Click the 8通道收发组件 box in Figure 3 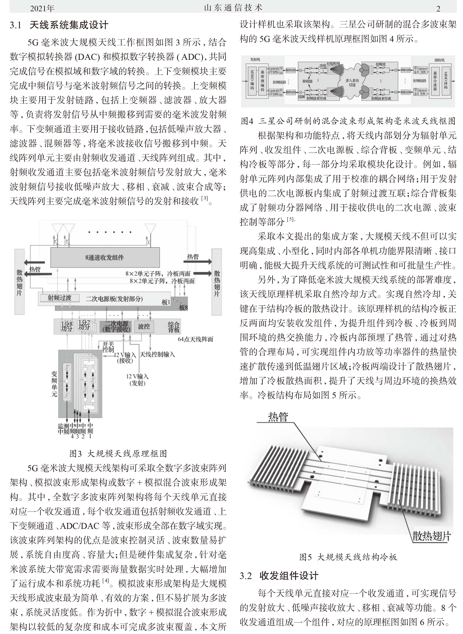105,257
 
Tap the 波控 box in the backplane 144,326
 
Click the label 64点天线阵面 195,339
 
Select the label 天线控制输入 157,354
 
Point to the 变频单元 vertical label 54,384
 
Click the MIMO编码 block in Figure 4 252,80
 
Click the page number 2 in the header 438,9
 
